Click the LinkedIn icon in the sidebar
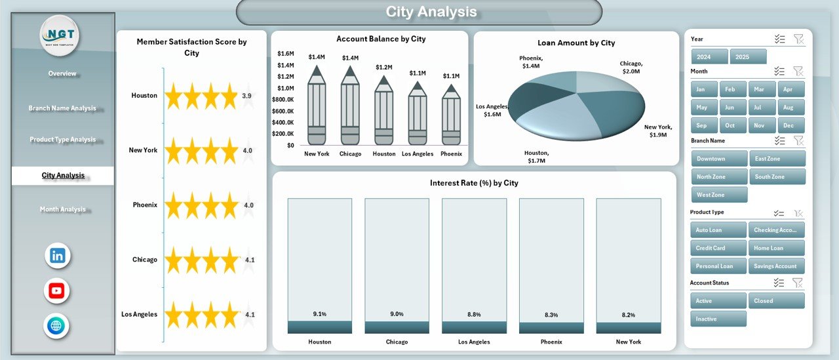tap(58, 256)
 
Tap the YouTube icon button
tap(57, 290)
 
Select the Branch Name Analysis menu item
tap(62, 108)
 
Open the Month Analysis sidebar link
tap(62, 209)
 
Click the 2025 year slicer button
tap(748, 56)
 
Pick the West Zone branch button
tap(718, 195)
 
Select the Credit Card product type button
tap(718, 248)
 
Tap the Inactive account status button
tap(718, 319)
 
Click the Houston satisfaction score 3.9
tap(246, 96)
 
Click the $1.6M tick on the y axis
tap(286, 53)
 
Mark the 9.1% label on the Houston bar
tap(319, 314)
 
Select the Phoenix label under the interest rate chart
tap(551, 342)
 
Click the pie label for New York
tap(657, 130)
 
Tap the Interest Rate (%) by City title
tap(474, 183)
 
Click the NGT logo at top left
tap(60, 35)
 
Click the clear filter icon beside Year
tap(798, 39)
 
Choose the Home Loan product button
tap(776, 248)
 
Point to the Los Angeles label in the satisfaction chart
tap(139, 314)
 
